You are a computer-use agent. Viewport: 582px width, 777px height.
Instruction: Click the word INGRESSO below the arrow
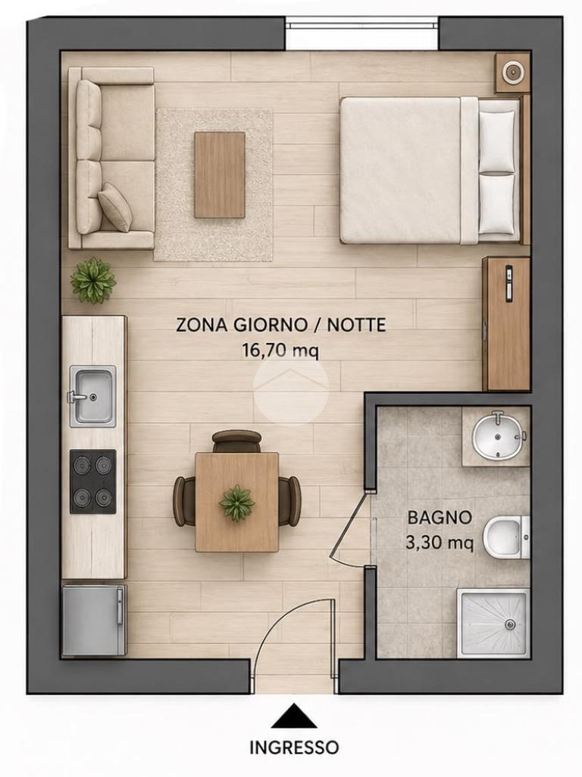click(x=294, y=747)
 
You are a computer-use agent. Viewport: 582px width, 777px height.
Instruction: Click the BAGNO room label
click(x=440, y=517)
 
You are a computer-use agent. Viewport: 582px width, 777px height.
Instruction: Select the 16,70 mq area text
click(x=280, y=351)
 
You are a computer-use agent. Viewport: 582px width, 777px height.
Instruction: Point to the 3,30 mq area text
click(x=440, y=543)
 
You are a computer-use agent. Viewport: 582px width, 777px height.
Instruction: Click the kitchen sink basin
click(x=93, y=396)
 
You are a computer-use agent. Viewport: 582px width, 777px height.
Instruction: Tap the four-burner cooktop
click(x=93, y=481)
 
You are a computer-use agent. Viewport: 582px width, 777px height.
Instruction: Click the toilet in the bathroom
click(x=506, y=536)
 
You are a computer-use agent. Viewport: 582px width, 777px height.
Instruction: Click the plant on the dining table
click(x=236, y=502)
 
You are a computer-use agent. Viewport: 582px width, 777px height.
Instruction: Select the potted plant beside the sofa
click(x=92, y=281)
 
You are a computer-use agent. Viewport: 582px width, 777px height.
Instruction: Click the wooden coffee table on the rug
click(x=220, y=175)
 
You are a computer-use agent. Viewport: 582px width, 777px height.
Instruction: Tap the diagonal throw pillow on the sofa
click(x=115, y=207)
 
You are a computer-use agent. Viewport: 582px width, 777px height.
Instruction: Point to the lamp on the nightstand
click(x=513, y=73)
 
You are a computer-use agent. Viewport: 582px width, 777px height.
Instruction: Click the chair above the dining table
click(x=236, y=441)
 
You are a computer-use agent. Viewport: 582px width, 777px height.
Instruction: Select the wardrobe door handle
click(x=509, y=284)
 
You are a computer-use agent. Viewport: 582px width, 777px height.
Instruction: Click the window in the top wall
click(x=361, y=33)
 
